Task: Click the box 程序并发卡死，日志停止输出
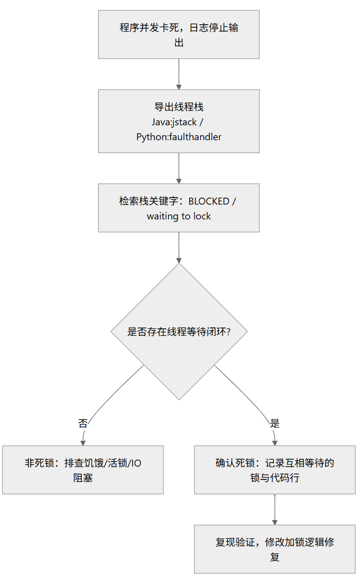[179, 34]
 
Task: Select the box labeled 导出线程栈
[179, 121]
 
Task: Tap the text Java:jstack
[174, 122]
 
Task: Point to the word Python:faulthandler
[179, 137]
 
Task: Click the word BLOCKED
[209, 201]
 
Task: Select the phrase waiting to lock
[179, 216]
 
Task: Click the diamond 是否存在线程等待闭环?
[179, 331]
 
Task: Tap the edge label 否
[83, 423]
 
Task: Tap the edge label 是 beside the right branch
[274, 423]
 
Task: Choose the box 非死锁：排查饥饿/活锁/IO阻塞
[83, 470]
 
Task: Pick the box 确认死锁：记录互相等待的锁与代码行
[274, 470]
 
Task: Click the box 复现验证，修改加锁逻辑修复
[274, 549]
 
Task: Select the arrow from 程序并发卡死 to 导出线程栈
[179, 74]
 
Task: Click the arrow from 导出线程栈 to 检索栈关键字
[179, 168]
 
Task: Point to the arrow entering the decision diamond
[179, 248]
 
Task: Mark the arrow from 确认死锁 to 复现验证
[274, 509]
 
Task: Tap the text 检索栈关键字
[149, 201]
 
